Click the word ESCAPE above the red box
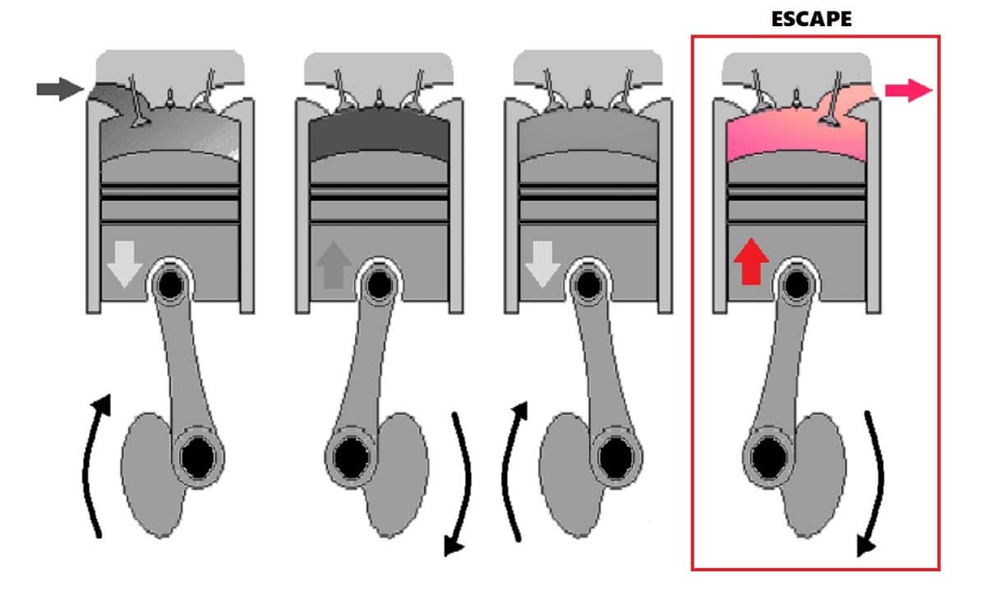[x=811, y=18]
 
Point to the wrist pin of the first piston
[x=170, y=284]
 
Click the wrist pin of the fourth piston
[x=795, y=284]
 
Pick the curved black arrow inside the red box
[x=873, y=484]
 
